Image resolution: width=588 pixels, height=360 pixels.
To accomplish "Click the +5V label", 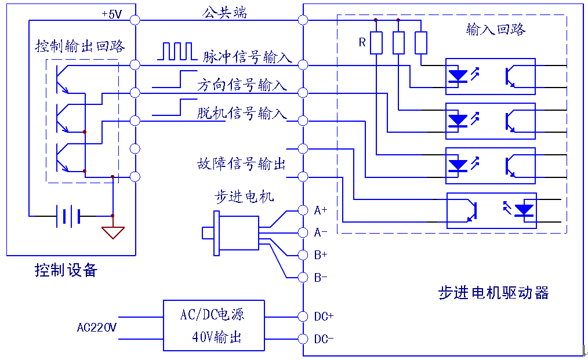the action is click(x=112, y=14).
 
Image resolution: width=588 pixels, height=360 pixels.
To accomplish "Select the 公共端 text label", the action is click(x=224, y=12).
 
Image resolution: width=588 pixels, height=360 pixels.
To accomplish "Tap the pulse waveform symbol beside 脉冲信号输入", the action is click(x=177, y=52).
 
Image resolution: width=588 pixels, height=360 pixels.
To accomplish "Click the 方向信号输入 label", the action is click(x=242, y=85).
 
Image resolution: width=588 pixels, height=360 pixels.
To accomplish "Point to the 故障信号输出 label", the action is click(x=241, y=163).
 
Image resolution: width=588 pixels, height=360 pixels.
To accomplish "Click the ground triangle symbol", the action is click(x=113, y=232).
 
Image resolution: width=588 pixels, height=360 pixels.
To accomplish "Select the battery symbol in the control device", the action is click(x=68, y=216).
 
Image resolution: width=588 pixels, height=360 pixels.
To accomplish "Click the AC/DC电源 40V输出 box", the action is click(x=214, y=325).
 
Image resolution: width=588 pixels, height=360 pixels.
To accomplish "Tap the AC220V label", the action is click(x=97, y=328).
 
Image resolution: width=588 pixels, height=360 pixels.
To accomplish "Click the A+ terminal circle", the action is click(x=303, y=210).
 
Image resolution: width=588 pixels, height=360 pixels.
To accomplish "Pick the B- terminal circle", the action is click(x=303, y=278).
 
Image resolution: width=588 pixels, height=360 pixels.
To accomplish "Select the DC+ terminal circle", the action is click(x=303, y=317).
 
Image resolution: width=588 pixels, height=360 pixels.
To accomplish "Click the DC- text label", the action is click(x=324, y=339).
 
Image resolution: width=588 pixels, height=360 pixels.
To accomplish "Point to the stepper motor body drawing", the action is click(x=230, y=233).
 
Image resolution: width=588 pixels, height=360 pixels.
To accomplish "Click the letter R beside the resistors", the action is click(x=362, y=42).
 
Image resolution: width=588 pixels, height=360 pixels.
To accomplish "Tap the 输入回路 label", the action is click(x=496, y=29).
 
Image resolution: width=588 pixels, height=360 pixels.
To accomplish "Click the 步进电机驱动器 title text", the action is click(x=493, y=293).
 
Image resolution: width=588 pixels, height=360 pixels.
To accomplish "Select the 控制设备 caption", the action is click(x=66, y=270).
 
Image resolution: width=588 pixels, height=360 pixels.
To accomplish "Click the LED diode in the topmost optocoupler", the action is click(x=458, y=76).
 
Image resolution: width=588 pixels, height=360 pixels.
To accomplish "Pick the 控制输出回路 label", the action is click(x=80, y=46).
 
